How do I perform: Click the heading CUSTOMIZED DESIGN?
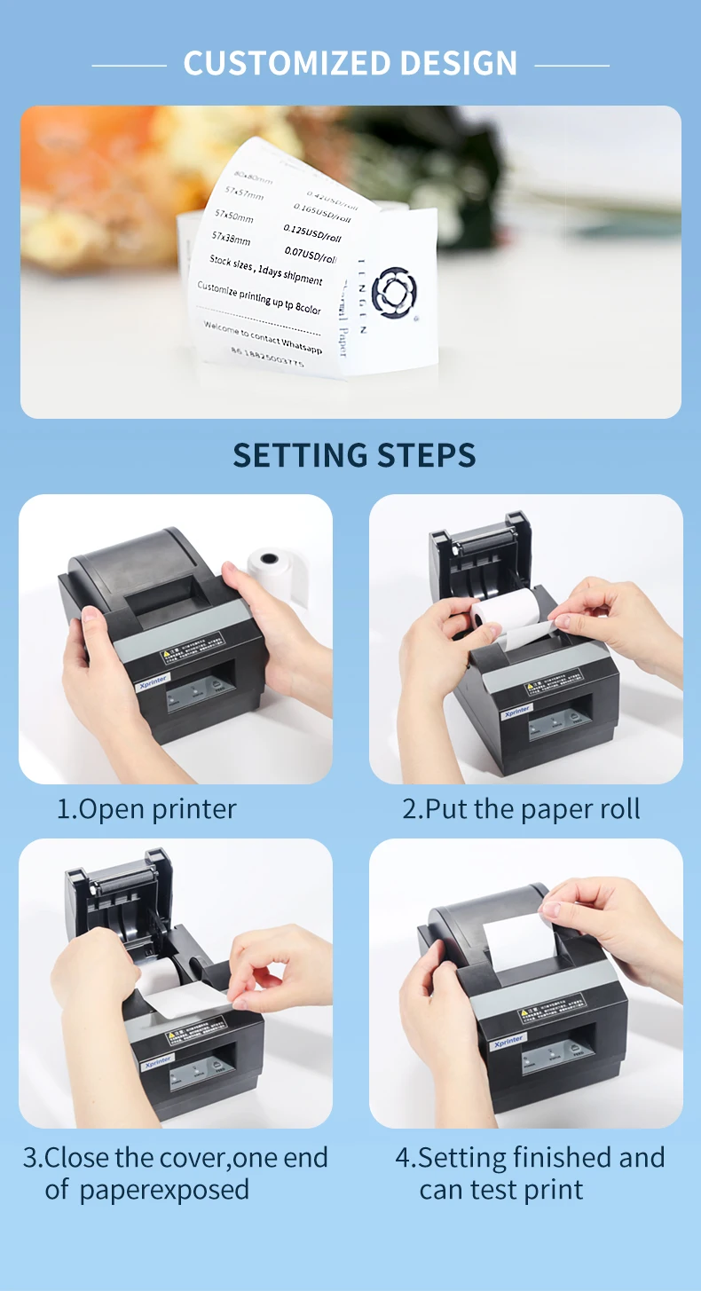coord(350,64)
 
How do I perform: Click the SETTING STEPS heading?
coord(354,455)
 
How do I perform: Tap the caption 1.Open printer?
coord(146,809)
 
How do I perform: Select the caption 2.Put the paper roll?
coord(521,809)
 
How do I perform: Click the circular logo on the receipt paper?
coord(394,292)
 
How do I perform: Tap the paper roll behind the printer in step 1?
coord(276,567)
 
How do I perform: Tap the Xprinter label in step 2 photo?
coord(516,711)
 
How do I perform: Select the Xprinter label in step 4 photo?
coord(508,1041)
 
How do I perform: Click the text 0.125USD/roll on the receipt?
coord(311,233)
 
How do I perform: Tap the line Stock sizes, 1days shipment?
coord(265,270)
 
